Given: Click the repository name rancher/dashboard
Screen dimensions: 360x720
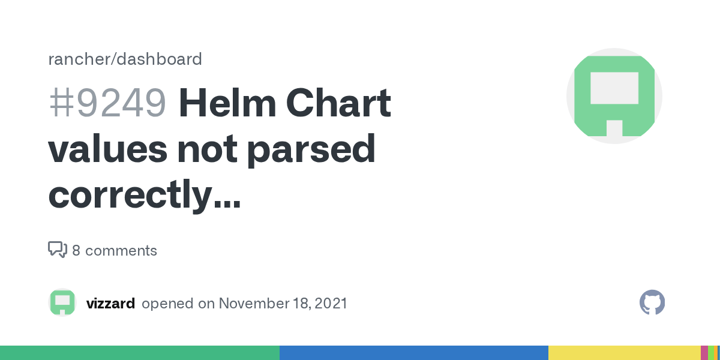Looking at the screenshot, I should point(125,59).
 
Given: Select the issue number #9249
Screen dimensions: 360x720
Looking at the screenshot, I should point(107,103).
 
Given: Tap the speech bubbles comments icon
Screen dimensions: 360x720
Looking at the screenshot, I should point(57,250).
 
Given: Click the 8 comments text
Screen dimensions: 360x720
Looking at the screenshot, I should point(115,250).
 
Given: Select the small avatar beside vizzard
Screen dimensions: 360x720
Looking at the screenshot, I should point(62,303).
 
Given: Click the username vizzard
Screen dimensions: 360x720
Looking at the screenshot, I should point(110,304).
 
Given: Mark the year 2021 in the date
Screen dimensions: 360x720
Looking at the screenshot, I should point(329,304).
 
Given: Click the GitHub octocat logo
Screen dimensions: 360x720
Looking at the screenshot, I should point(652,303).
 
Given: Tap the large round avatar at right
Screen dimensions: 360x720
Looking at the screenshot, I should point(614,96).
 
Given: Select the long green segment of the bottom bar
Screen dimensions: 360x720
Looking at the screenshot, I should point(140,353).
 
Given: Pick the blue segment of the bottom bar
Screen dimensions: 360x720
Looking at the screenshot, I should point(414,353).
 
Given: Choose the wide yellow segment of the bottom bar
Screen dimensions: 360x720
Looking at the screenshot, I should point(624,353).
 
